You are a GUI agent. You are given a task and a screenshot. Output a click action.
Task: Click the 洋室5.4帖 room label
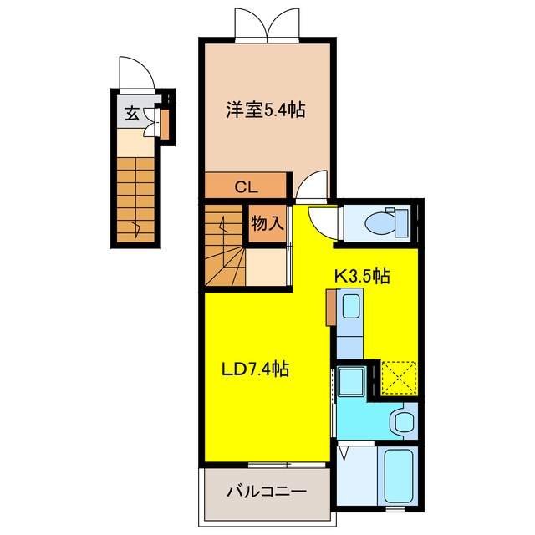(266, 110)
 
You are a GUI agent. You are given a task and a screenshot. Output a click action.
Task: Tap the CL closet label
(246, 187)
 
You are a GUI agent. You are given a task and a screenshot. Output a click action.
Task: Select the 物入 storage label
(267, 223)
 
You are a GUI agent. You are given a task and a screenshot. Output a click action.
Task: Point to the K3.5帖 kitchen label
(362, 276)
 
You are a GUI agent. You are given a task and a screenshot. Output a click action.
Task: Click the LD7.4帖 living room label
(256, 369)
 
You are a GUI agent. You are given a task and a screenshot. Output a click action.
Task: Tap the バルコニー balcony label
(267, 492)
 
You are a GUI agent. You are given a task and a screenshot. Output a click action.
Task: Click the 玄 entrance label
(132, 114)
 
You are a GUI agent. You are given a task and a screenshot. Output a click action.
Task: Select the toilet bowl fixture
(386, 223)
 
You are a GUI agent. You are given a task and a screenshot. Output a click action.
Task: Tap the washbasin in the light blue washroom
(405, 421)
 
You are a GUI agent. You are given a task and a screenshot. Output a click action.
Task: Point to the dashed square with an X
(399, 378)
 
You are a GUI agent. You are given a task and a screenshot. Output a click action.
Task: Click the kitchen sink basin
(351, 306)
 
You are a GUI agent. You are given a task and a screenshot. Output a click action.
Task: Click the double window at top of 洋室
(267, 24)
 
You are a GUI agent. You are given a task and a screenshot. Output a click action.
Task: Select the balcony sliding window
(287, 465)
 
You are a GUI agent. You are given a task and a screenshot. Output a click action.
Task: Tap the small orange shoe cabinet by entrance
(165, 125)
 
